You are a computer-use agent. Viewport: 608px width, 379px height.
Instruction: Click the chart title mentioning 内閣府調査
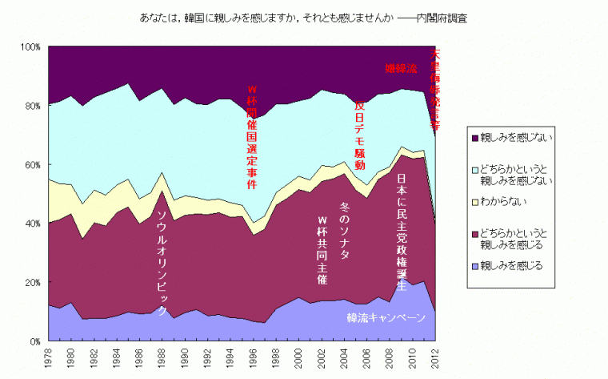coord(304,17)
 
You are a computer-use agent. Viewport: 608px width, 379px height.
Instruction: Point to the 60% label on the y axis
coord(31,165)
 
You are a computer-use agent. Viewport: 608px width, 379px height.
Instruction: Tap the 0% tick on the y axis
coord(35,341)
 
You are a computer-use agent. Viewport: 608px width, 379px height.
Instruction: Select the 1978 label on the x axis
coord(49,358)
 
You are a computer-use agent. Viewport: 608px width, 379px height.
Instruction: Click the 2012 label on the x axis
coord(434,358)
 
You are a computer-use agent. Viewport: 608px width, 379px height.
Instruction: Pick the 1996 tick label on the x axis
coord(253,358)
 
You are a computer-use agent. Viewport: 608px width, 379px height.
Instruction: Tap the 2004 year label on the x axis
coord(344,358)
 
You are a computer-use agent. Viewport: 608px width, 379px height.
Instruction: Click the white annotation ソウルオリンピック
coord(162,263)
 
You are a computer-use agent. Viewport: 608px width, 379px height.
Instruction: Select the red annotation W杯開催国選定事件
coord(252,135)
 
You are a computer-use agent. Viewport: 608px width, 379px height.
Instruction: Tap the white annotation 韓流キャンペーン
coord(386,318)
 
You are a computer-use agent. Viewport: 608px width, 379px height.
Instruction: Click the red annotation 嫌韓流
coord(401,68)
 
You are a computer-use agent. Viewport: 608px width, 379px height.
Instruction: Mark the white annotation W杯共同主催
coord(322,251)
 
